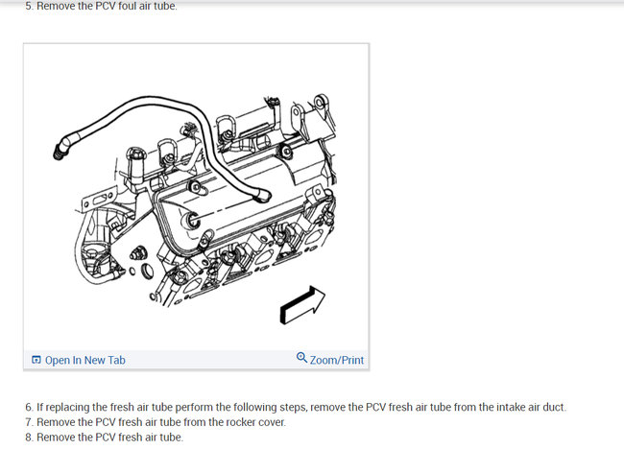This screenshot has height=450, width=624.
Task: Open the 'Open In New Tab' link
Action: click(84, 360)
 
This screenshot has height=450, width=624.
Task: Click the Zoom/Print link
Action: click(337, 360)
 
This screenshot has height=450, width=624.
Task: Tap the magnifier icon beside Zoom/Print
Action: click(301, 359)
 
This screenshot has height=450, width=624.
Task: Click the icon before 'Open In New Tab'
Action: click(36, 360)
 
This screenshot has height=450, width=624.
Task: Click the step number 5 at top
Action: click(29, 7)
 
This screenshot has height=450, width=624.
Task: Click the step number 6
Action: click(29, 407)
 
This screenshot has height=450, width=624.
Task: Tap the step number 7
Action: click(29, 422)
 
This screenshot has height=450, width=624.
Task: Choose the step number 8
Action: click(29, 438)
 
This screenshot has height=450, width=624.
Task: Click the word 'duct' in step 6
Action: click(554, 407)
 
